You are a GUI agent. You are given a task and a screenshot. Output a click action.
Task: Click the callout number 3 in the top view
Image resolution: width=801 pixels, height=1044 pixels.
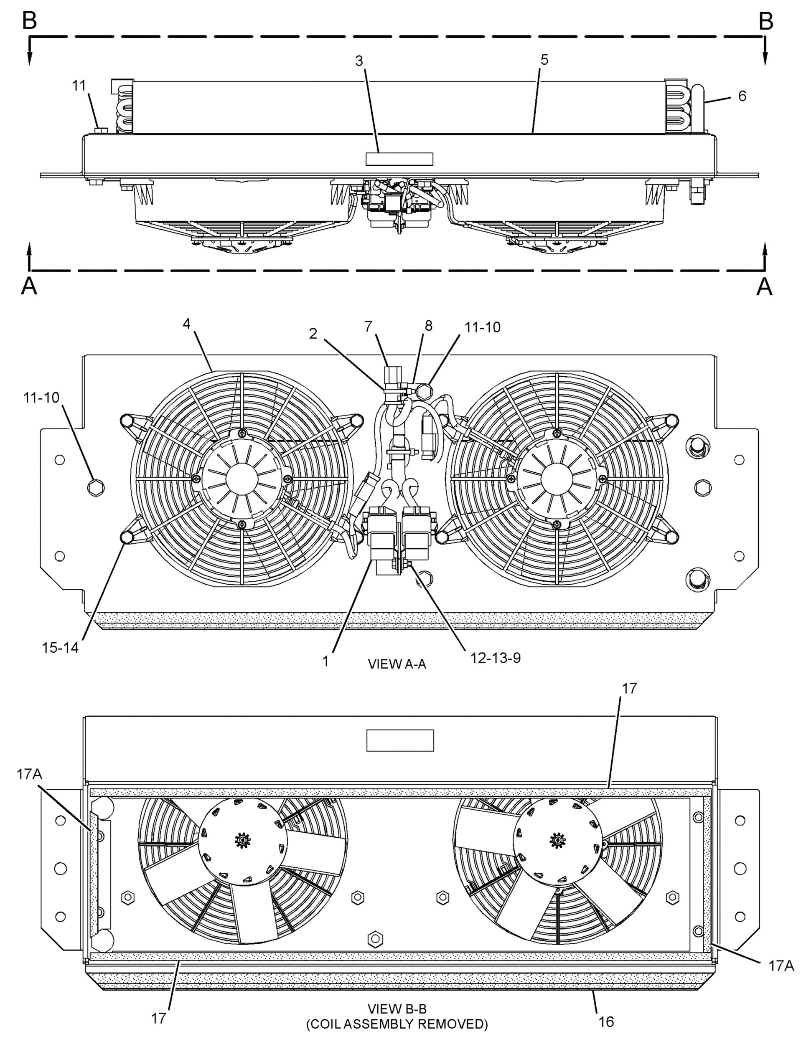(359, 61)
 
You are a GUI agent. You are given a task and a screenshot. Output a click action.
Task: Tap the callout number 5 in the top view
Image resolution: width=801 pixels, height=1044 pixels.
(544, 60)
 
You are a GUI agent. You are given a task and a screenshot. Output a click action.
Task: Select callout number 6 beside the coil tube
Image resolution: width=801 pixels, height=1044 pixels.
(743, 96)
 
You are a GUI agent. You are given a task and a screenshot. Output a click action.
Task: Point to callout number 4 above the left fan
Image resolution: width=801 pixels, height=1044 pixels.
(186, 324)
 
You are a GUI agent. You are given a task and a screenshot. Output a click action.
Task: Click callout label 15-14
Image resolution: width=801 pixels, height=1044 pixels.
(60, 648)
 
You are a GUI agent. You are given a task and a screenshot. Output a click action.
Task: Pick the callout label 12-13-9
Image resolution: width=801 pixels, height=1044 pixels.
(496, 658)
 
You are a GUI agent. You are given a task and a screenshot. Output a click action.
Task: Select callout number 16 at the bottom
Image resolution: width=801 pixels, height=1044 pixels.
(606, 1021)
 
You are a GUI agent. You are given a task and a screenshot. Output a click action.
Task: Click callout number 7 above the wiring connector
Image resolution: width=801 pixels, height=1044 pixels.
(368, 327)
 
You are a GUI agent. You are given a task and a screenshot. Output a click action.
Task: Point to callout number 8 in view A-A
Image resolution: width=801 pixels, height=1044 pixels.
(429, 325)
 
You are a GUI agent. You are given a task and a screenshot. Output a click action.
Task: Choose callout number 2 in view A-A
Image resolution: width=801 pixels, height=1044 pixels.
(313, 334)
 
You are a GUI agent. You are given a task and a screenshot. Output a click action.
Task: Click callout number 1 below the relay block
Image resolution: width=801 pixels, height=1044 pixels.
(325, 661)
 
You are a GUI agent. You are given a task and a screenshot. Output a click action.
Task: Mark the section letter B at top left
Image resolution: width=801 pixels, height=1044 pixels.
(30, 21)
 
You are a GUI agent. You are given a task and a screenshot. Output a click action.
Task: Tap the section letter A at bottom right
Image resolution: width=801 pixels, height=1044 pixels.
(765, 286)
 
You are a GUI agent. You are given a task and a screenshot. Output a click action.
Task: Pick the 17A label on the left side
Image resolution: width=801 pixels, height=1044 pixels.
(30, 774)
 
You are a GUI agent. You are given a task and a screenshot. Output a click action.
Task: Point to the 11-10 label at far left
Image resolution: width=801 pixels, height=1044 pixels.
(41, 398)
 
